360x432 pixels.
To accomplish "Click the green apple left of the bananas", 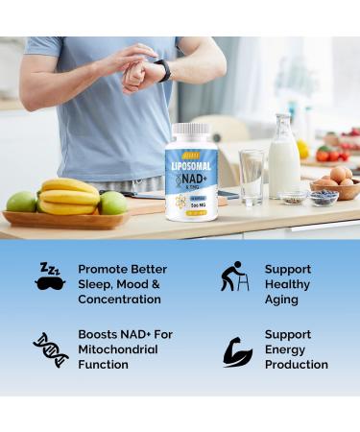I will [21, 202].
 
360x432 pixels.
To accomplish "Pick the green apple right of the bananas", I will [113, 203].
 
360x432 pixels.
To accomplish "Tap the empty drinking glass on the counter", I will [252, 177].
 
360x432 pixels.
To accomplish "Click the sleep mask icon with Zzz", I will [50, 276].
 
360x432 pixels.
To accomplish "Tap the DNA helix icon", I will [50, 349].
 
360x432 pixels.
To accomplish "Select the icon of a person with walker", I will [233, 276].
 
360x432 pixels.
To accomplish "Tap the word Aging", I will [281, 300].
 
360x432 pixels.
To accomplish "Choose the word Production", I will [296, 365].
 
